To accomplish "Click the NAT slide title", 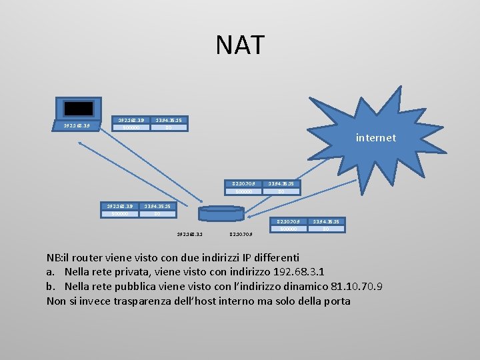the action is [240, 45].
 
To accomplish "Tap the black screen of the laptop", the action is [79, 109].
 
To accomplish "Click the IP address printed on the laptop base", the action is [77, 124].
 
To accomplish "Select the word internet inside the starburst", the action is [375, 138].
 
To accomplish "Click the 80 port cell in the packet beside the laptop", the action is [168, 127].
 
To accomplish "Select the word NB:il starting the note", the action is [62, 257].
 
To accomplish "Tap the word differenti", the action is [273, 257].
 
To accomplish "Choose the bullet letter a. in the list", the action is [51, 272].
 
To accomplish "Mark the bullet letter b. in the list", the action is [51, 287].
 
